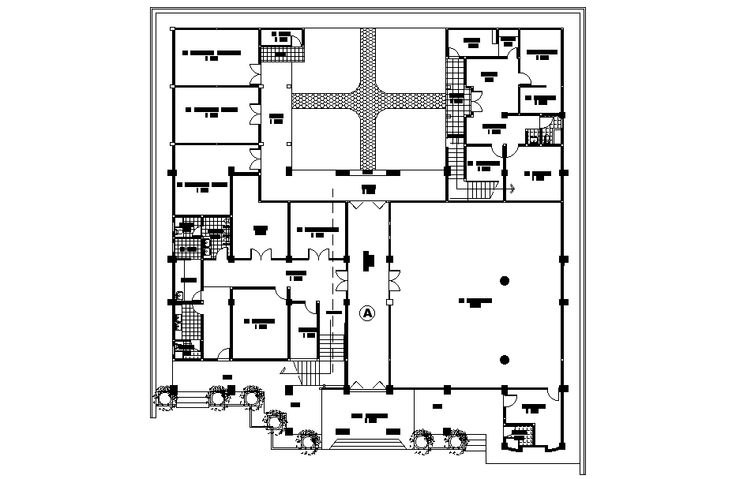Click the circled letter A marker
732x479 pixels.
pyautogui.click(x=367, y=312)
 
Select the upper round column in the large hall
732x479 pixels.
pyautogui.click(x=504, y=279)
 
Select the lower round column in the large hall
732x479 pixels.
pyautogui.click(x=504, y=360)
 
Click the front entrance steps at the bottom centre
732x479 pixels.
pyautogui.click(x=368, y=444)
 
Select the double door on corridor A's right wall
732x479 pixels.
pyautogui.click(x=395, y=279)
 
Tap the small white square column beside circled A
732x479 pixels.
pyautogui.click(x=389, y=303)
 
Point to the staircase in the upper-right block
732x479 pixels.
pyautogui.click(x=478, y=190)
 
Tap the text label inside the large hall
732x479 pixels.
pyautogui.click(x=474, y=302)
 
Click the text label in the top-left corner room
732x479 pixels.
pyautogui.click(x=211, y=55)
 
